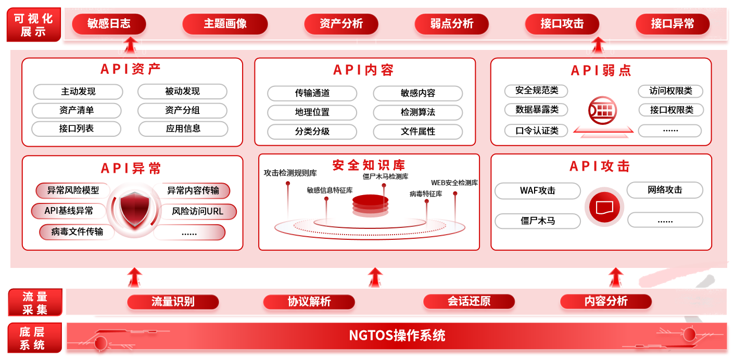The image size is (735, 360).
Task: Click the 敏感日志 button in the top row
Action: (109, 24)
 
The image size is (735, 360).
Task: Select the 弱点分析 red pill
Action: (451, 24)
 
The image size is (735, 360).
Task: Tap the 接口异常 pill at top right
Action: (672, 24)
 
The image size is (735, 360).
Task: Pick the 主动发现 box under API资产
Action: (78, 92)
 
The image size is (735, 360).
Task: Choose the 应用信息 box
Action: (183, 128)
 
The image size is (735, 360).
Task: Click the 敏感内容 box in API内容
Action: (417, 94)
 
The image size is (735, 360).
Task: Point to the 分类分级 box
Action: (312, 132)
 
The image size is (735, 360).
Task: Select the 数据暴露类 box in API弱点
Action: (536, 110)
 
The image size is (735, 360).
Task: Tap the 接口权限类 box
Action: (671, 110)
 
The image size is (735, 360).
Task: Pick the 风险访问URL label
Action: (195, 212)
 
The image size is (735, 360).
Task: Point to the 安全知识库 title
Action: (369, 165)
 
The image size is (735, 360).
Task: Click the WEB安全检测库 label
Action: (454, 183)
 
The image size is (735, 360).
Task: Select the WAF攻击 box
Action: (537, 191)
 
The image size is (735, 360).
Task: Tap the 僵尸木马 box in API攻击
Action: (537, 221)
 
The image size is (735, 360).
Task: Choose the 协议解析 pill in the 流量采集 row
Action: (309, 302)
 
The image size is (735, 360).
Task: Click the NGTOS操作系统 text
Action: (397, 336)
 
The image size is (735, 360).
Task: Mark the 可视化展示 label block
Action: (34, 25)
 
